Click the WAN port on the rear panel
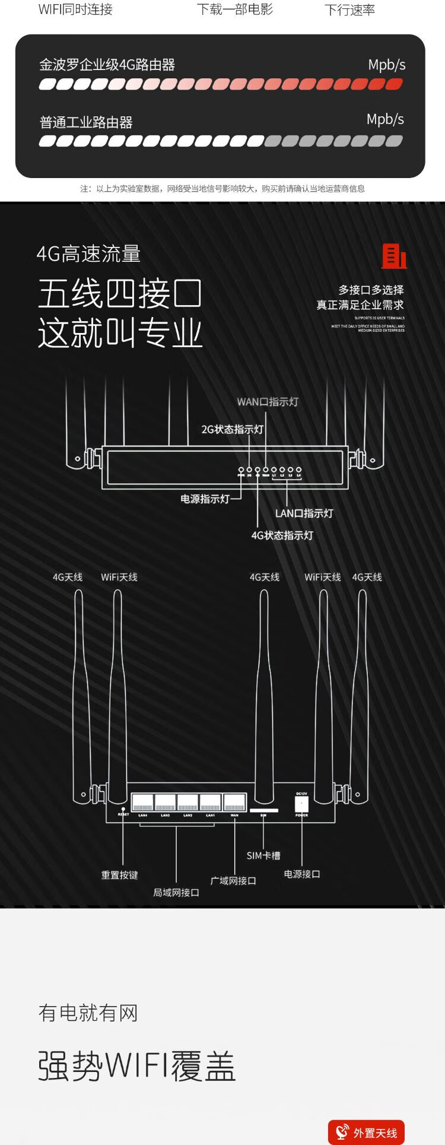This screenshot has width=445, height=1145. click(234, 803)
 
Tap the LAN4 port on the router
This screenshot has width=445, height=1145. click(142, 803)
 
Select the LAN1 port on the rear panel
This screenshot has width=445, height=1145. click(211, 803)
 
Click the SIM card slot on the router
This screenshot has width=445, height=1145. click(263, 810)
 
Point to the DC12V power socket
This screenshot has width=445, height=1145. click(301, 804)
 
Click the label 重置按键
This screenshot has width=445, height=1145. click(119, 875)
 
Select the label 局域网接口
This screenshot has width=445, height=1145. click(176, 892)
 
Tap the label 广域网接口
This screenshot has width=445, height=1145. click(233, 880)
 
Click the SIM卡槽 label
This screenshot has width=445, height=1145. click(263, 855)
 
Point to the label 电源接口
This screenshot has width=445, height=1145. click(302, 874)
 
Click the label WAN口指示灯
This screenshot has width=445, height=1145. click(268, 402)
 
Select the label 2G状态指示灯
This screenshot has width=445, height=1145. click(232, 429)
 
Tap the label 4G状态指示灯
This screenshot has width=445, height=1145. click(282, 535)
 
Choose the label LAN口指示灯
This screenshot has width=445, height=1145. click(304, 513)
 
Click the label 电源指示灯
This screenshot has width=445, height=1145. click(205, 499)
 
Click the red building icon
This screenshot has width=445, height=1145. click(394, 256)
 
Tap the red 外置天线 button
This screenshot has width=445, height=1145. click(366, 1133)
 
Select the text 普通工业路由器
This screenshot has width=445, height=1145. click(86, 123)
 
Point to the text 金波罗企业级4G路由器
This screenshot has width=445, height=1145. click(107, 65)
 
